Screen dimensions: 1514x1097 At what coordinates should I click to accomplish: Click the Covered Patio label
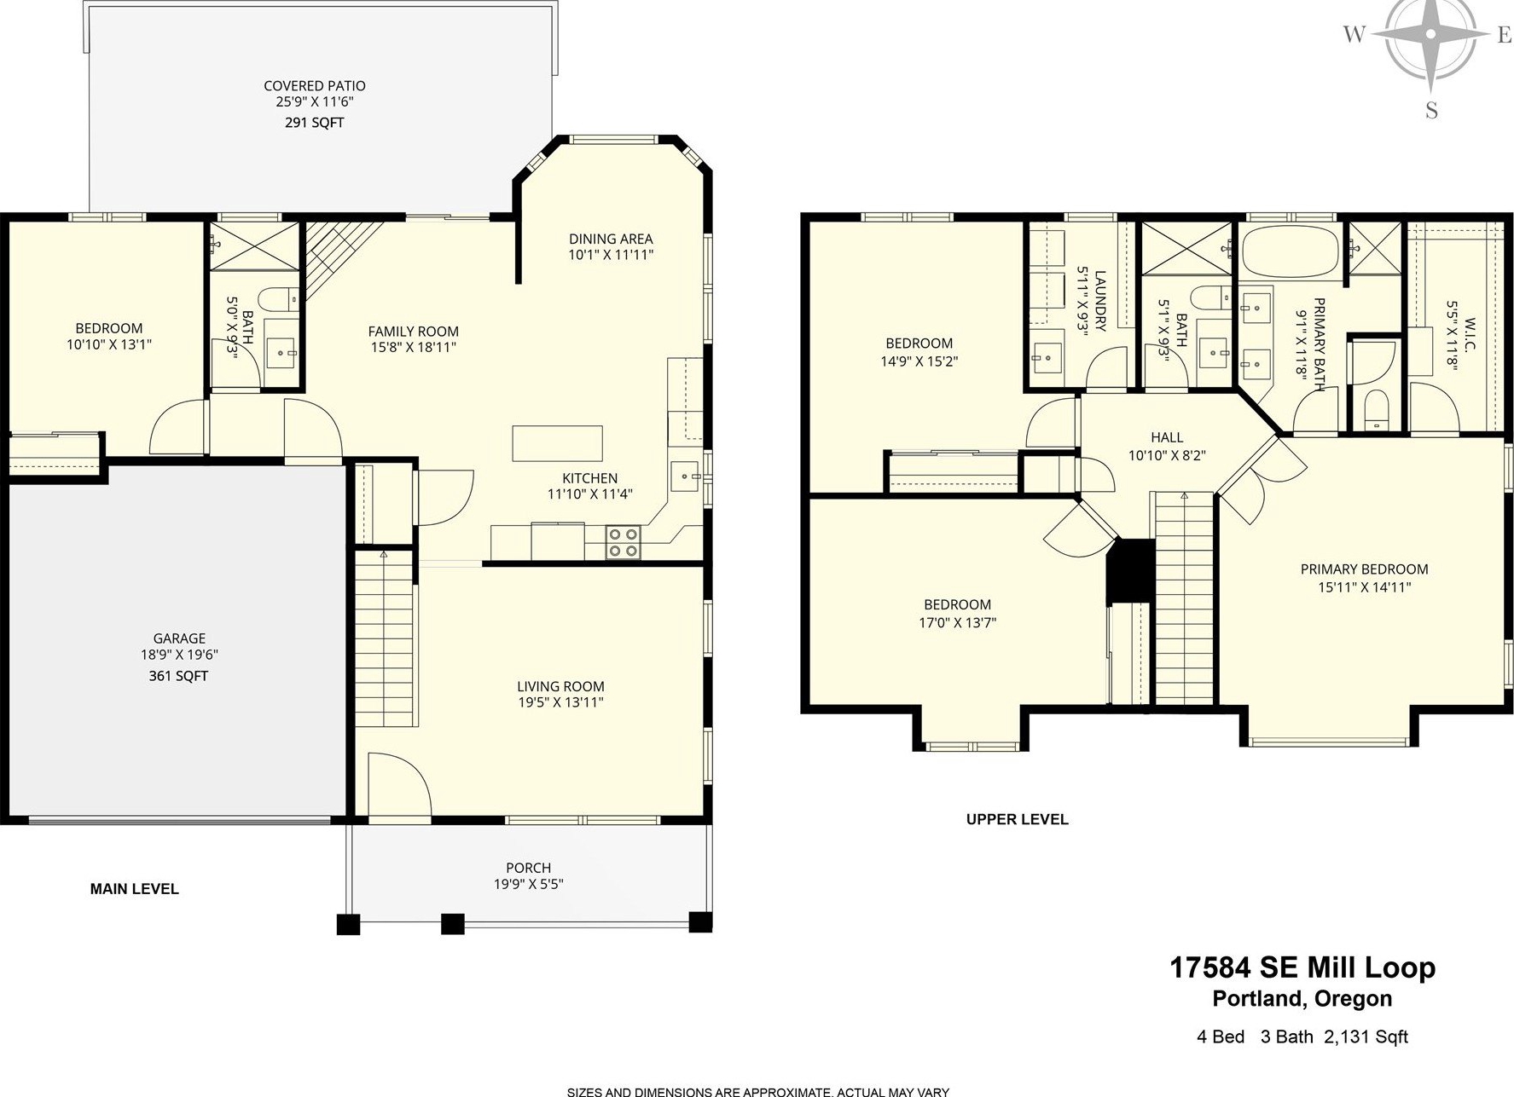tap(315, 86)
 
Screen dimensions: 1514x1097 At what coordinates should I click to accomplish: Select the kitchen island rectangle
tap(557, 443)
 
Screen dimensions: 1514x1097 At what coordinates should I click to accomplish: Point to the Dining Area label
tap(611, 239)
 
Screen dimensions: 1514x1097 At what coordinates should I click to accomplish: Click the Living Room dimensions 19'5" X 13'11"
tap(560, 702)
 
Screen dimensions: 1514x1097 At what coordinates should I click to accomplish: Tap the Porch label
tap(529, 868)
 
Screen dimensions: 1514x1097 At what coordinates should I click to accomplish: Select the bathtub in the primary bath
tap(1290, 250)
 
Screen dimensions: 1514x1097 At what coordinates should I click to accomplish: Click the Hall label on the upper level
tap(1167, 437)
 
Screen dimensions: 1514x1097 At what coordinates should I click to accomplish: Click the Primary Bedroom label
tap(1364, 569)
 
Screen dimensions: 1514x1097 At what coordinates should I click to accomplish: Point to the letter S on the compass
tap(1431, 111)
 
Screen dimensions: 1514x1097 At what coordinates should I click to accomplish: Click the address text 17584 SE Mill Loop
tap(1302, 968)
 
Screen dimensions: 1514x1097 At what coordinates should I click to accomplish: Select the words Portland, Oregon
tap(1302, 999)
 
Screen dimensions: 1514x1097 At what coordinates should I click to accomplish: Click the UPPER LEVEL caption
tap(1017, 819)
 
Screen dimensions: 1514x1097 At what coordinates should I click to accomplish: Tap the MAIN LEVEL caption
tap(134, 889)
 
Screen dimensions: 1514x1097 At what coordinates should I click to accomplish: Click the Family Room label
tap(414, 332)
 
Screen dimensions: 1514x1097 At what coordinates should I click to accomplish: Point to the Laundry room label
tap(1100, 301)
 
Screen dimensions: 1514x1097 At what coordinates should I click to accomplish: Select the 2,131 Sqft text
tap(1366, 1037)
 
